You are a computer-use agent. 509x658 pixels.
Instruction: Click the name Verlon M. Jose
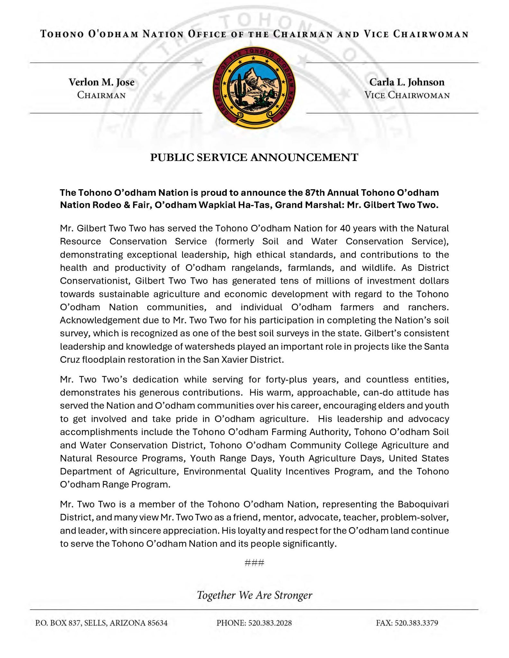point(101,82)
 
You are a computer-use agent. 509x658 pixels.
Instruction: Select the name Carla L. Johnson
point(407,82)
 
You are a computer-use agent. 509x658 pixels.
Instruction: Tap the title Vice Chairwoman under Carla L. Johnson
point(407,95)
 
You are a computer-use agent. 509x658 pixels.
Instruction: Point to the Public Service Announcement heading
point(254,157)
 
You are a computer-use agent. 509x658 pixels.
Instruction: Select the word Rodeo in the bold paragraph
point(98,205)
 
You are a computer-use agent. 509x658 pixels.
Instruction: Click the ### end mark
point(254,563)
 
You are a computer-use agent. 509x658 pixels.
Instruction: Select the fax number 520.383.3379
point(416,623)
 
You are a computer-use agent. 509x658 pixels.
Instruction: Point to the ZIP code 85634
point(157,623)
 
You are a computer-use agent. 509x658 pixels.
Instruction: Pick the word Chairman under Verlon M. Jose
point(101,95)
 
